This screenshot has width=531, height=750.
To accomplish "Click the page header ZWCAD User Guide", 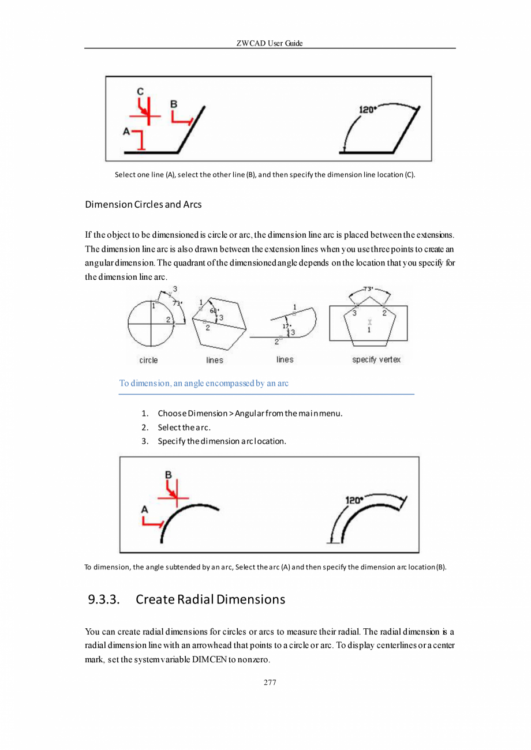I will coord(270,43).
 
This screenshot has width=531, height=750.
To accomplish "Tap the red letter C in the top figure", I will coord(140,91).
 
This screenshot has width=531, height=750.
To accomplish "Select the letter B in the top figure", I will coord(174,104).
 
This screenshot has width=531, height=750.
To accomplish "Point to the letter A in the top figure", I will coord(126,132).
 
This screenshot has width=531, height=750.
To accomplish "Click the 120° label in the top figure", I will coord(368,110).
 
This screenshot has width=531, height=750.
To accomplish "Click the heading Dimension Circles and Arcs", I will coord(143,204).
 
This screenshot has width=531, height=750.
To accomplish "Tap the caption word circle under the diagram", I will coord(148,360).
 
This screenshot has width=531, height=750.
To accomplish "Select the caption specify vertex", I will coord(376,359).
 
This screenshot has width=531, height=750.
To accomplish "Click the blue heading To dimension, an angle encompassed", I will coord(204,383).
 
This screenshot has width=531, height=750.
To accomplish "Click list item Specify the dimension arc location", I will coord(222,441).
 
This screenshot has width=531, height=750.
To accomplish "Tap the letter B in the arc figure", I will coord(168,475).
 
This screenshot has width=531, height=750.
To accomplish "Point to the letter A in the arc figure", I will coord(145,509).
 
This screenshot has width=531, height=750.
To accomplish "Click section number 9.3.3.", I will coord(104,599).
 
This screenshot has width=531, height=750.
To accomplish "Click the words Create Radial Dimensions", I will coord(210,599).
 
